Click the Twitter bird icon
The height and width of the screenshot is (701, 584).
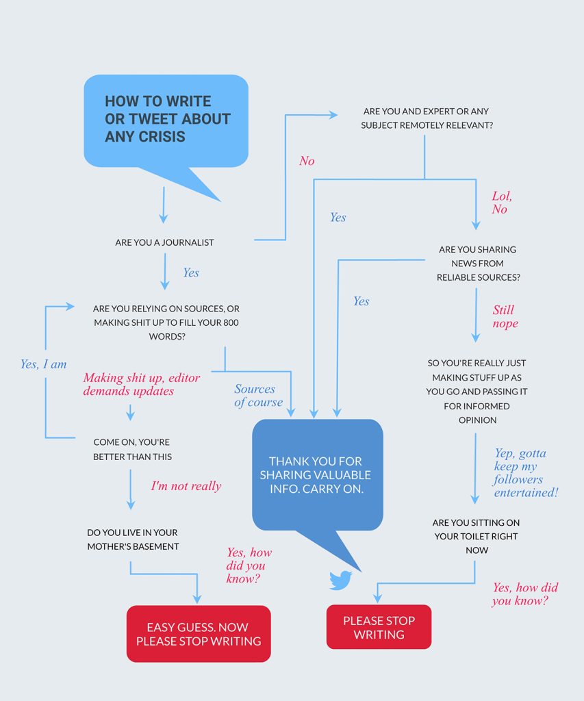(x=340, y=580)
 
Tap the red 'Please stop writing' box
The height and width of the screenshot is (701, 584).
(x=379, y=627)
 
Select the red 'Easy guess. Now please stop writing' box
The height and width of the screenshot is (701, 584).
(x=199, y=634)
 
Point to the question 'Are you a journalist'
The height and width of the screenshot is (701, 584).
(x=164, y=242)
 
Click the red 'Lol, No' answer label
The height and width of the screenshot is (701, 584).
(x=501, y=203)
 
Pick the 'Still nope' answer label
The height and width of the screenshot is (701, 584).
(x=505, y=316)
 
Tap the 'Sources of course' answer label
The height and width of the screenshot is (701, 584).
(x=258, y=396)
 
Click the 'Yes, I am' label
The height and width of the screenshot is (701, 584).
(x=43, y=364)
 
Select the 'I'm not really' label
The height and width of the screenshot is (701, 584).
(x=186, y=486)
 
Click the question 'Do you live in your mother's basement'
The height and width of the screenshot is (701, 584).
(x=133, y=539)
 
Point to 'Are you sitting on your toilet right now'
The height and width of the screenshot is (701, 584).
(x=477, y=536)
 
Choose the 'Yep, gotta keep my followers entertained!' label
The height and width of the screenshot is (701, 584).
(x=525, y=472)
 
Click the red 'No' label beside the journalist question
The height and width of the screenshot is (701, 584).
(x=307, y=161)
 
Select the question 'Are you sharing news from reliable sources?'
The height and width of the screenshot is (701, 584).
(x=479, y=264)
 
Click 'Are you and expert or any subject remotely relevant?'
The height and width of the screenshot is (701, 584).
(x=426, y=118)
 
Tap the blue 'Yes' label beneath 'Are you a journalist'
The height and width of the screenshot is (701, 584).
(x=190, y=272)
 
